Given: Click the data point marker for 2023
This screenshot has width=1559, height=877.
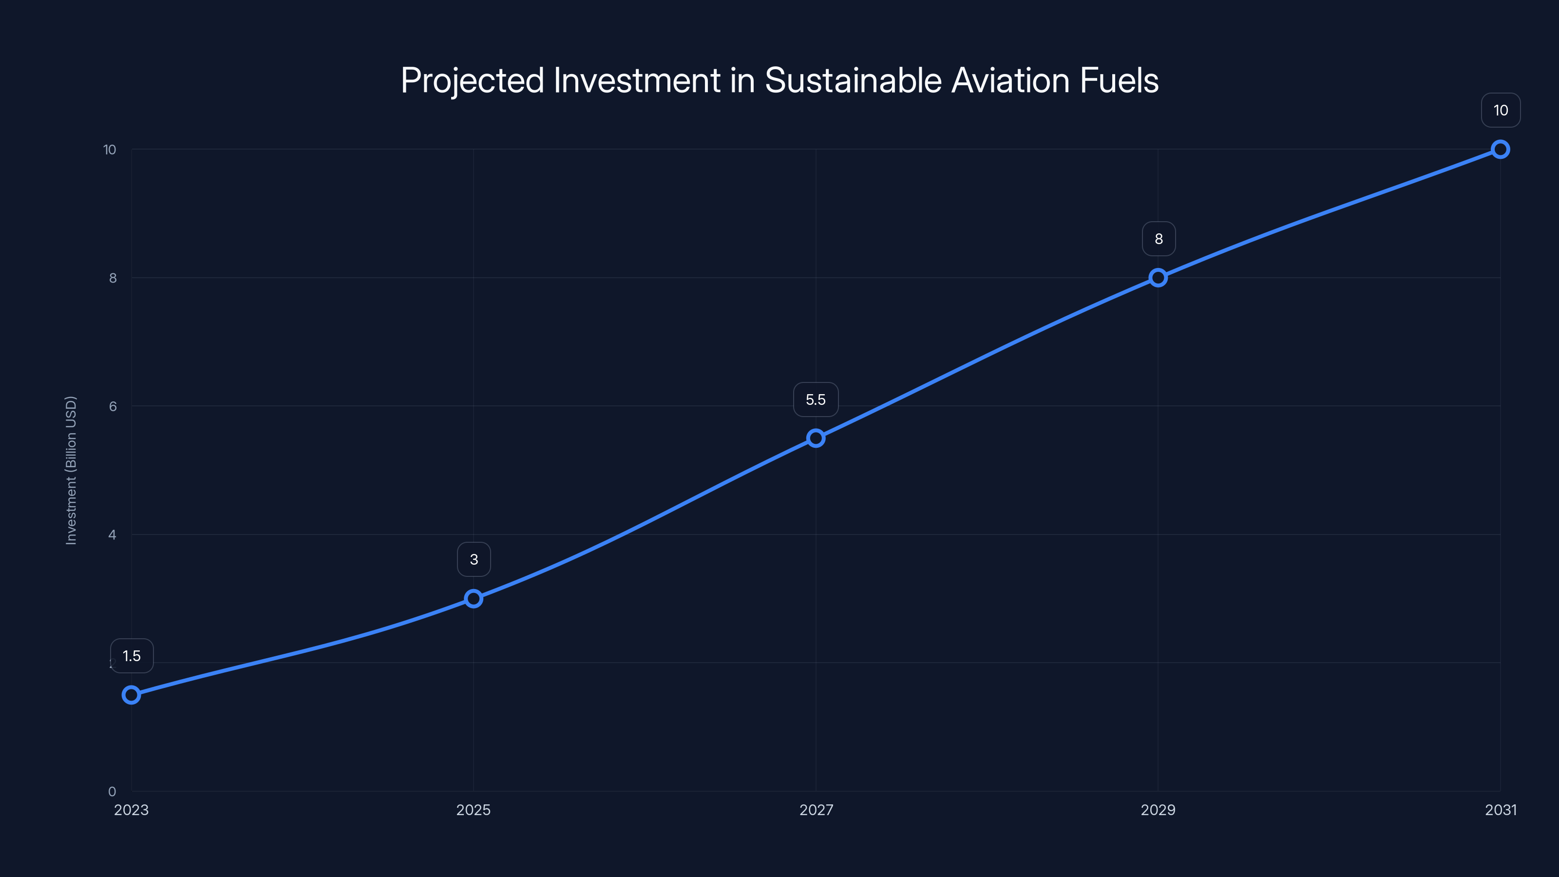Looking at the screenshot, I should pos(132,694).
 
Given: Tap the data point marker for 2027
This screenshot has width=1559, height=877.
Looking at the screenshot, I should pos(816,438).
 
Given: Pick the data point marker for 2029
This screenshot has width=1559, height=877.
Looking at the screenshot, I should pos(1158,278).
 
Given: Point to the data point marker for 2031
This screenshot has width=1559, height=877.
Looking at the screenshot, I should pos(1501,150).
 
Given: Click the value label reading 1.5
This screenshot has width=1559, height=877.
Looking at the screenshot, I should pos(132,656).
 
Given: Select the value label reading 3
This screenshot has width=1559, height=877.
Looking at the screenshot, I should pos(474,559).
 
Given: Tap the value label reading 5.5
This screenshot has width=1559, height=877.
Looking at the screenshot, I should pos(816,400).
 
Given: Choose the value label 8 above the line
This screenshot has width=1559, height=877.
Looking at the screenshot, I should pos(1159,239).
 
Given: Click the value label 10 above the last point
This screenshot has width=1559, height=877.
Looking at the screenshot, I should pos(1501,110).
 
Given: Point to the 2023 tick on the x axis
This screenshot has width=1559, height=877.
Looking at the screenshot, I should pos(132,810).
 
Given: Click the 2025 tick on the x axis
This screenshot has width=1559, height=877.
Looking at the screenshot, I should pos(473,810).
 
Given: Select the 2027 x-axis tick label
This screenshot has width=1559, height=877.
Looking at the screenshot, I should pos(816,810).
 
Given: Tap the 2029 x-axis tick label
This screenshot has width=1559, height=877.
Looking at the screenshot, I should pos(1158,810).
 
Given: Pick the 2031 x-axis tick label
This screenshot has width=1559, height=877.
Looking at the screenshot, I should pos(1501,810).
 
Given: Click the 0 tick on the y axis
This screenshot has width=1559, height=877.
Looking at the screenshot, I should pos(112,791).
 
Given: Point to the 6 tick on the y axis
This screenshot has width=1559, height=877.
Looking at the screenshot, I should pos(113,406).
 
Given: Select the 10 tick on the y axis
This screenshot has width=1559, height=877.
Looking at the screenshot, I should pos(110,150).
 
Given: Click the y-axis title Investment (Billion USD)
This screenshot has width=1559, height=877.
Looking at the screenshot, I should pos(71,470).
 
